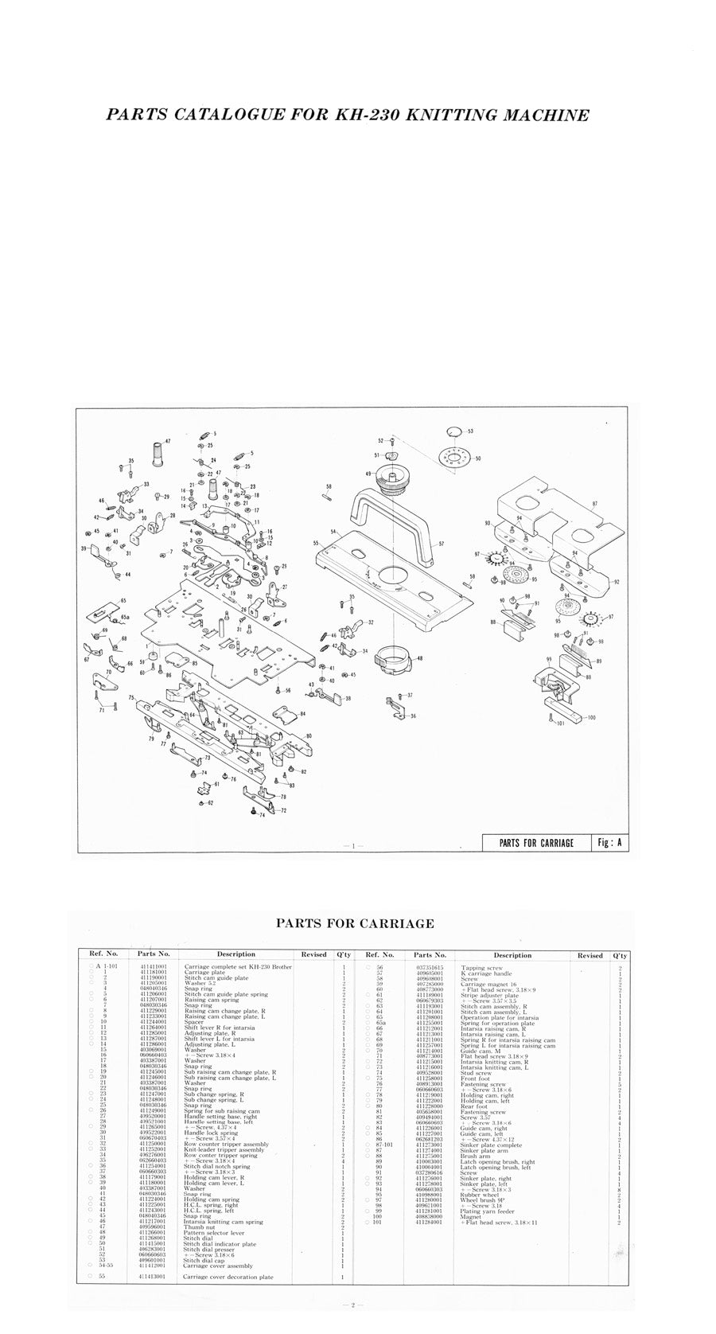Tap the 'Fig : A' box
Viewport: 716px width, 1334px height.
tap(609, 843)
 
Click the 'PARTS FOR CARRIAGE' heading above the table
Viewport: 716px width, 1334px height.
tap(355, 923)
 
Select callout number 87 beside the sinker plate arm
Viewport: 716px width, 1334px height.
tap(617, 505)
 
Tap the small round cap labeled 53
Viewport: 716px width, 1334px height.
tap(454, 431)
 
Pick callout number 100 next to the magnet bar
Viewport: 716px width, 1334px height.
tap(591, 718)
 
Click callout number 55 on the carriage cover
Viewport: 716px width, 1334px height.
tap(316, 543)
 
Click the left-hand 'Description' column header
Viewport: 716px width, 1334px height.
tap(236, 954)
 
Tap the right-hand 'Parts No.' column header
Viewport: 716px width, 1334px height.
tap(430, 954)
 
